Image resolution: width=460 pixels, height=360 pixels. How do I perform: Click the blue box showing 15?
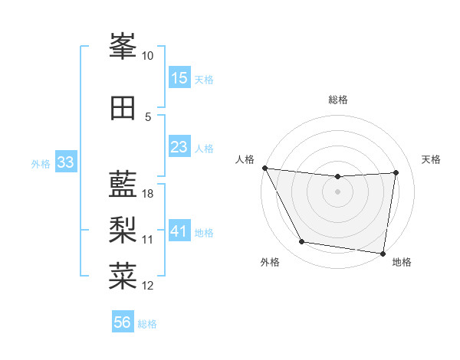(x=179, y=78)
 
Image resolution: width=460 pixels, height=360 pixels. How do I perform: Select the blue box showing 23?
(x=179, y=147)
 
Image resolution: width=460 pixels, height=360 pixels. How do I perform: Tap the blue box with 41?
(x=179, y=231)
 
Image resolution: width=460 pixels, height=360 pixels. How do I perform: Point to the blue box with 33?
(x=65, y=162)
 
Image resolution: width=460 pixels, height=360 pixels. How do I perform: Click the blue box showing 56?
(x=123, y=322)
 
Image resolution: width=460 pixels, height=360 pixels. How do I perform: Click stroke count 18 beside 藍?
(x=148, y=194)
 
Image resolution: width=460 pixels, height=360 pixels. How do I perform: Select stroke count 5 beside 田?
(x=148, y=116)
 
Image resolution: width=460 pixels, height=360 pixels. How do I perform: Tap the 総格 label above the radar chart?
(x=337, y=100)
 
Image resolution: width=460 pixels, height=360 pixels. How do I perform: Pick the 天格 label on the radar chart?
(x=431, y=159)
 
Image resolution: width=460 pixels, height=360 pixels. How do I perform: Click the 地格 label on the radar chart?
(x=402, y=262)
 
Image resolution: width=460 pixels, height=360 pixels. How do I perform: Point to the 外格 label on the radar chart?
(x=270, y=262)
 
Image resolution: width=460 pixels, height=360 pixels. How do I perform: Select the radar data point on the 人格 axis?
(x=264, y=168)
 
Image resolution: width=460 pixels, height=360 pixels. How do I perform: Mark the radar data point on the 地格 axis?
(x=383, y=253)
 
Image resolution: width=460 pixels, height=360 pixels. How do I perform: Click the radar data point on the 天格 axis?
(x=396, y=172)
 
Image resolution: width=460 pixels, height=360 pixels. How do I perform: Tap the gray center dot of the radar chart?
(x=337, y=191)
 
